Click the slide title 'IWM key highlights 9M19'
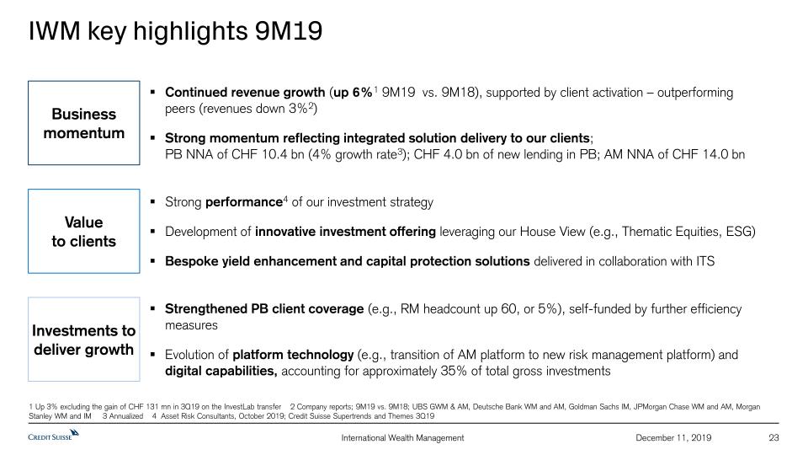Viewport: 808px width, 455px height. (x=175, y=32)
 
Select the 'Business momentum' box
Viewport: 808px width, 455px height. (x=83, y=123)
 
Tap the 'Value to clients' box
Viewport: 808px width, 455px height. (x=83, y=232)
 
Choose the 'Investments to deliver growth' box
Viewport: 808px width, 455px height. (x=83, y=340)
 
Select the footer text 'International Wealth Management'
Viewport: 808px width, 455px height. (x=402, y=438)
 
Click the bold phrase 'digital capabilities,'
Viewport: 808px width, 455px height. (x=221, y=371)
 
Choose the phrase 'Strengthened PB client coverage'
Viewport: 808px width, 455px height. (x=264, y=309)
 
